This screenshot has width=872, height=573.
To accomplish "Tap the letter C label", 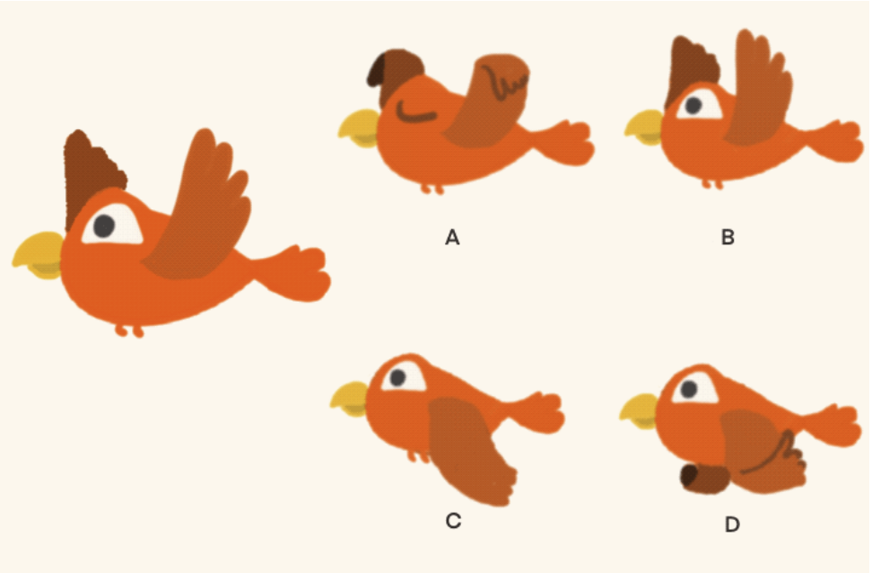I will click(x=453, y=521).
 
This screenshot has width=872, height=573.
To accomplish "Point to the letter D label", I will click(x=732, y=525).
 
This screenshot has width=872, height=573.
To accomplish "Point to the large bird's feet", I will click(x=129, y=331).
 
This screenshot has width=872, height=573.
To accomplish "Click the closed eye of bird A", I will click(x=416, y=113).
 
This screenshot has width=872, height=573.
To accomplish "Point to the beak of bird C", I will click(x=350, y=398).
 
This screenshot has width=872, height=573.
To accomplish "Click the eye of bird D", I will click(x=689, y=390).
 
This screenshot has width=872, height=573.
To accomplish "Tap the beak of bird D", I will click(x=641, y=409).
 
